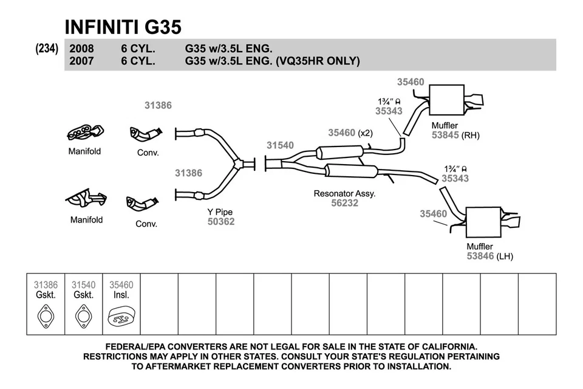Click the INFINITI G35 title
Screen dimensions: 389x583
(123, 27)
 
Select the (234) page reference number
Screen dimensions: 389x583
(47, 49)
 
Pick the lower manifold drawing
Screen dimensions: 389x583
(86, 199)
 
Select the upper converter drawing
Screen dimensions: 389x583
(146, 134)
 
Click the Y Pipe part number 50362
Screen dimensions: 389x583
(220, 222)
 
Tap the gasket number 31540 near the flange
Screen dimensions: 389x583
(280, 145)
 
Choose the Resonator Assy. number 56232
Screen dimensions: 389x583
(344, 204)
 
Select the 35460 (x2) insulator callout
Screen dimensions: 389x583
(350, 133)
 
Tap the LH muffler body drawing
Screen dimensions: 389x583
(483, 223)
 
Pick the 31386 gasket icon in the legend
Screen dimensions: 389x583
(46, 317)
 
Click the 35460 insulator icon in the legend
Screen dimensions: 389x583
(121, 317)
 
